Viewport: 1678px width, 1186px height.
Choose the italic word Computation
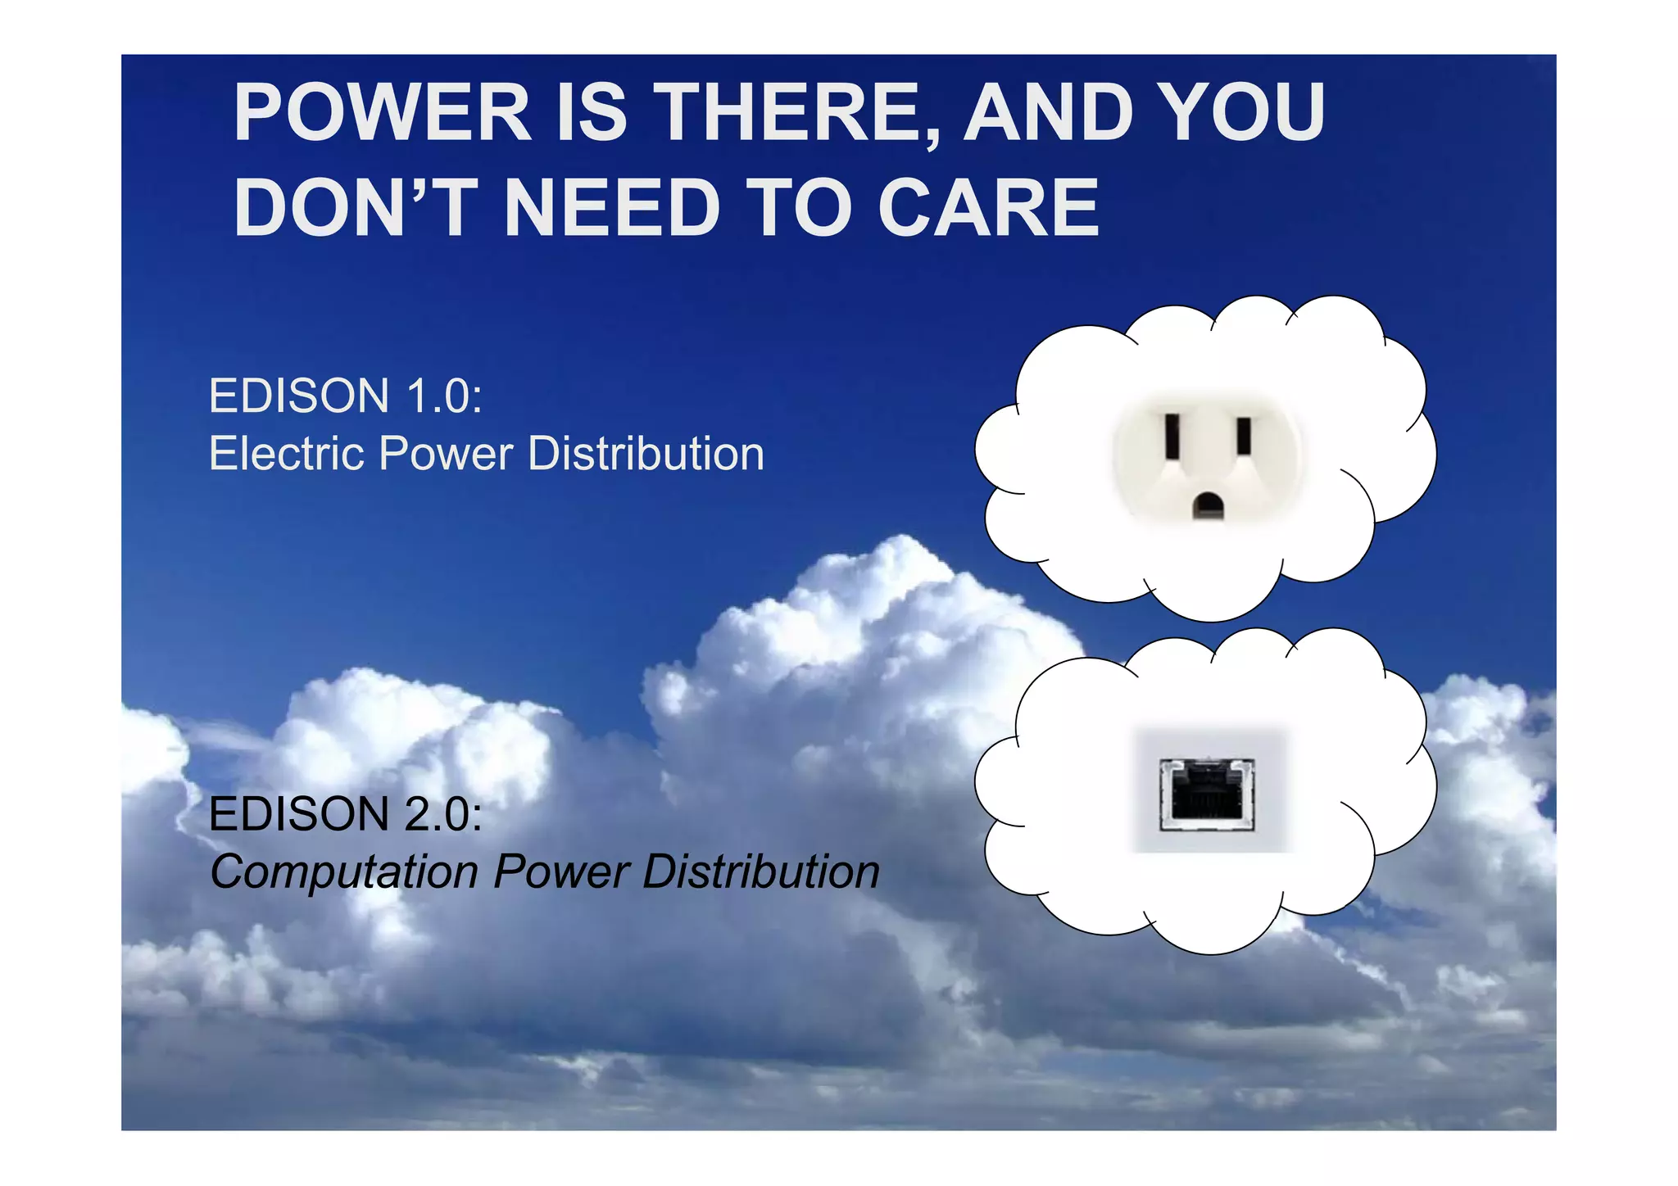(x=344, y=871)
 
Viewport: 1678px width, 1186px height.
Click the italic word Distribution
(x=761, y=871)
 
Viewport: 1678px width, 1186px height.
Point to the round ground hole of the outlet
(x=1208, y=505)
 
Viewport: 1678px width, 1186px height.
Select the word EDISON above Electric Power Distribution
(x=299, y=396)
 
